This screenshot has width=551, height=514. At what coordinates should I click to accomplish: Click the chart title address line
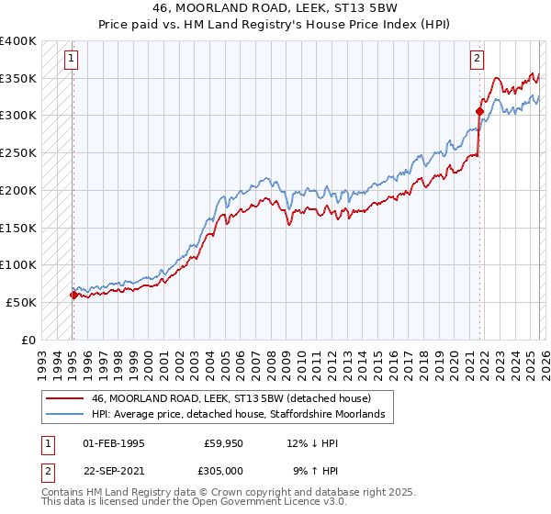[275, 7]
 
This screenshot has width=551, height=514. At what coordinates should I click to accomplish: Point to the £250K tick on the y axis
[18, 152]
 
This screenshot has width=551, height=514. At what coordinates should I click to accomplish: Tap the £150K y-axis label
[18, 227]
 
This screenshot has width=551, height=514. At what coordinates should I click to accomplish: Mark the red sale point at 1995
[73, 295]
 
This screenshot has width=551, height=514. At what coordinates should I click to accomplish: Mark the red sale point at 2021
[479, 111]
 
